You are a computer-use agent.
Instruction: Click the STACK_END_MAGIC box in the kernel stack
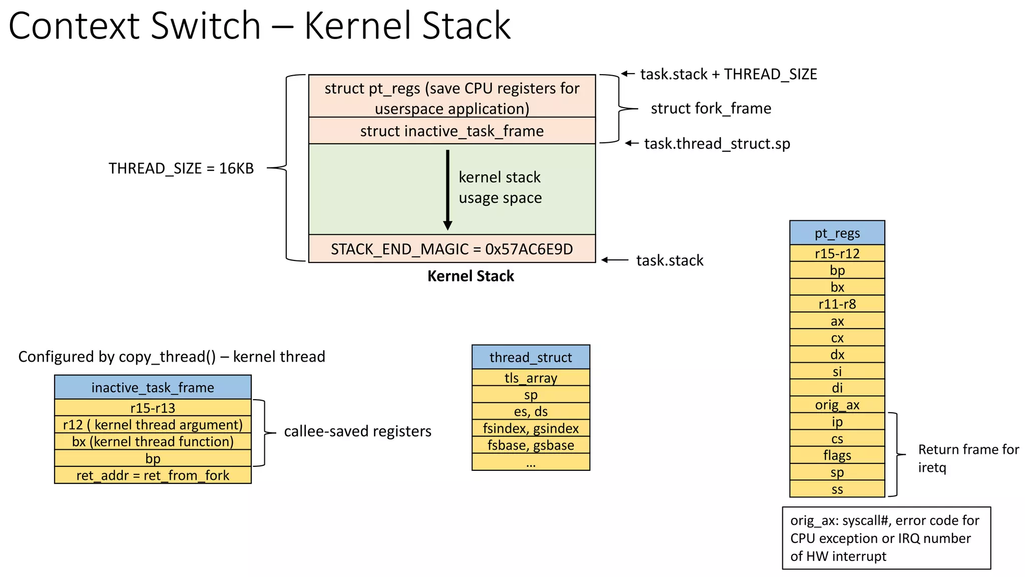pyautogui.click(x=451, y=249)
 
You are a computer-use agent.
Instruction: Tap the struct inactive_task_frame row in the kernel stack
pyautogui.click(x=451, y=131)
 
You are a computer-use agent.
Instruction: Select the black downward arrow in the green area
pyautogui.click(x=447, y=190)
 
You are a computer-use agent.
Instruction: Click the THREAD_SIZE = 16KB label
pyautogui.click(x=181, y=168)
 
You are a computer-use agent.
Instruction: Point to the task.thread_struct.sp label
pyautogui.click(x=717, y=144)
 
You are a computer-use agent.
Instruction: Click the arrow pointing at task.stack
pyautogui.click(x=615, y=260)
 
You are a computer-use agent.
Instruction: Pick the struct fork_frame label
pyautogui.click(x=711, y=108)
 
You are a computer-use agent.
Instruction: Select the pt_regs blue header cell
pyautogui.click(x=837, y=233)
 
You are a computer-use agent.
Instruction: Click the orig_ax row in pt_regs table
pyautogui.click(x=837, y=405)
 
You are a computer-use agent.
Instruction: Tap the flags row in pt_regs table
pyautogui.click(x=837, y=455)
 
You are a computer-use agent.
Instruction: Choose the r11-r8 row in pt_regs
pyautogui.click(x=837, y=304)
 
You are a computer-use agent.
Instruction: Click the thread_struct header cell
pyautogui.click(x=531, y=357)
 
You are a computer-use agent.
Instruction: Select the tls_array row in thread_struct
pyautogui.click(x=531, y=378)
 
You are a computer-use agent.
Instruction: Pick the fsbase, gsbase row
pyautogui.click(x=531, y=445)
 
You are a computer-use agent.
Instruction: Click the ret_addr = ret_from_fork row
pyautogui.click(x=153, y=475)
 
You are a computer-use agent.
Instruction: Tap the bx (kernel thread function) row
pyautogui.click(x=153, y=442)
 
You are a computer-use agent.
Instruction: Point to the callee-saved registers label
pyautogui.click(x=357, y=431)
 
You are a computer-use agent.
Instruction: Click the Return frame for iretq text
pyautogui.click(x=968, y=458)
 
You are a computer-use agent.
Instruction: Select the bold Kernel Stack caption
pyautogui.click(x=470, y=276)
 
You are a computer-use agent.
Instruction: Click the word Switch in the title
pyautogui.click(x=205, y=26)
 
